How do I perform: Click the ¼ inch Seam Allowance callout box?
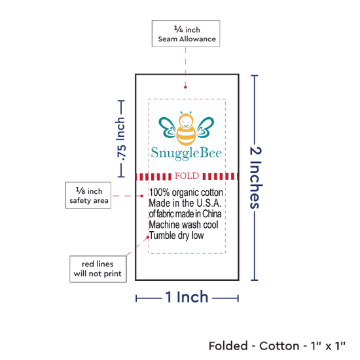186,34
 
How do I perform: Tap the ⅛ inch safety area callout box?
88,196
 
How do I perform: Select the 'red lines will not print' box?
98,269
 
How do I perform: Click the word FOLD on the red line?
187,176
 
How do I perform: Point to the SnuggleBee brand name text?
186,153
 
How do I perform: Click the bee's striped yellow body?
186,136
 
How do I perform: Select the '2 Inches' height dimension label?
256,177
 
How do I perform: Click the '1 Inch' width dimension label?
187,297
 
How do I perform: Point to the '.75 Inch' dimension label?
120,139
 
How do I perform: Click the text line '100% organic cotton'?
186,192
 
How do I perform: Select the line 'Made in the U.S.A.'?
185,203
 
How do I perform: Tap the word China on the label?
212,214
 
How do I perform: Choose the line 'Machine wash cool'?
184,225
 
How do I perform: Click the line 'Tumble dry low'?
176,236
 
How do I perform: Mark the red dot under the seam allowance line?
185,87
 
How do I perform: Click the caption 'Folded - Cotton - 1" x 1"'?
277,346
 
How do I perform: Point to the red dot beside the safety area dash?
142,196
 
